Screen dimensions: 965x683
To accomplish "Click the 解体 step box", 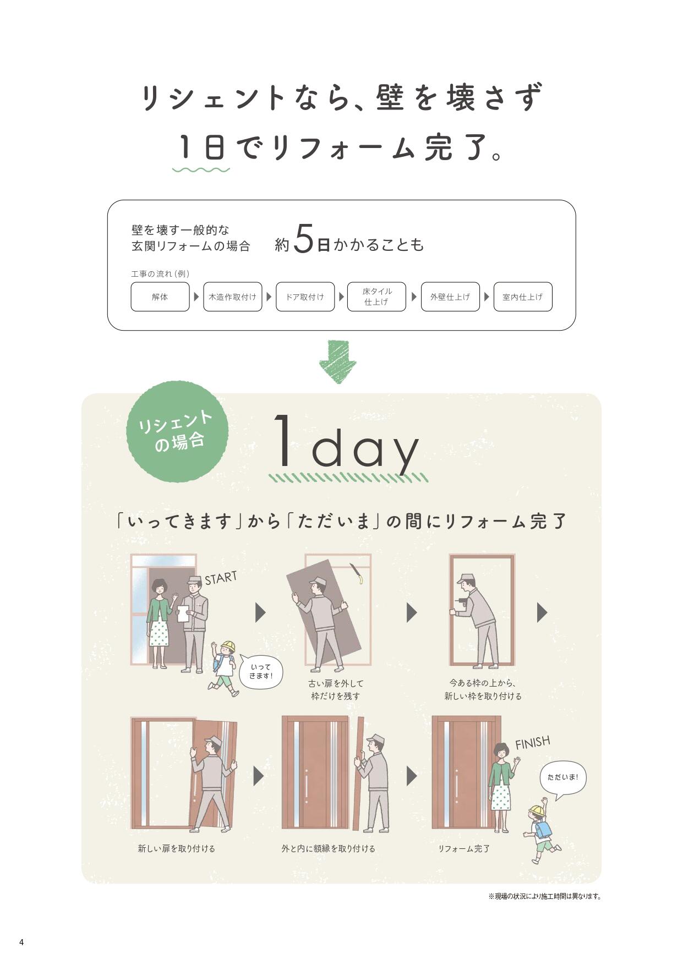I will click(160, 297).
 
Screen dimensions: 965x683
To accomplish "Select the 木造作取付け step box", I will click(232, 297).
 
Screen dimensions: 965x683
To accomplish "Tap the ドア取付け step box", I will click(305, 297).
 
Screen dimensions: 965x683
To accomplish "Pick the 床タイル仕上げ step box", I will click(376, 297).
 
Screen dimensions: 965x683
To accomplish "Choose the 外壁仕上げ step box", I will click(450, 297).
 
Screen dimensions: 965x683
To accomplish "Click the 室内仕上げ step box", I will click(522, 297).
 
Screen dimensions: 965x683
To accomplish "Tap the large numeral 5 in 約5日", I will click(304, 239).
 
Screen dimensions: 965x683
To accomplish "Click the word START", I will click(221, 578).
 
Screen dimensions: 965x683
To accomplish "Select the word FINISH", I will click(532, 743).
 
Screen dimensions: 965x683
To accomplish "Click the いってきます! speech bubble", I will click(261, 671).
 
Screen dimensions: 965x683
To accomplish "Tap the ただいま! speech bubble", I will click(562, 777).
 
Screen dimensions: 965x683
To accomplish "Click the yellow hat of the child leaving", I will click(227, 646).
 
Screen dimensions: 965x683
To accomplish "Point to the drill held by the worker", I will click(461, 602).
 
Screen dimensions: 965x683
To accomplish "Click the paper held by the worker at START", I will click(183, 613).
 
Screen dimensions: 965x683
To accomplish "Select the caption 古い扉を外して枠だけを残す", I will click(336, 689).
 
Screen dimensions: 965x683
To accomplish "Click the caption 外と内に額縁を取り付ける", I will click(328, 848).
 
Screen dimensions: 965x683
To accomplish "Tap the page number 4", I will click(21, 942).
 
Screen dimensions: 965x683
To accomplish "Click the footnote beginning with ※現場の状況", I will click(544, 896).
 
